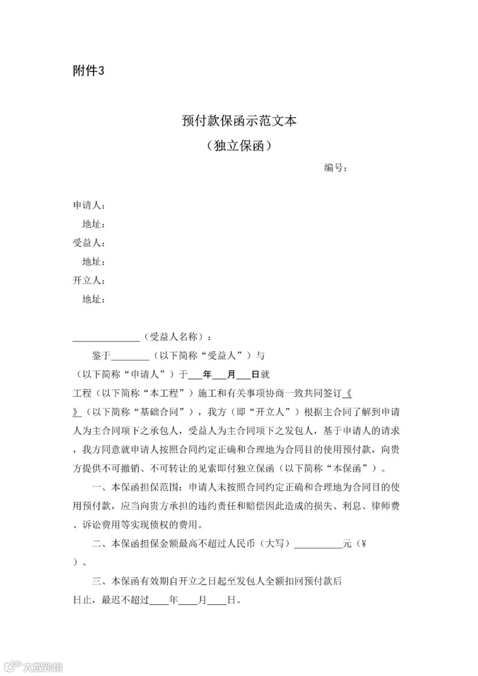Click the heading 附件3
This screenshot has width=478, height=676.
[x=88, y=71]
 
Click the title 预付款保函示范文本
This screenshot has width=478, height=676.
[x=239, y=121]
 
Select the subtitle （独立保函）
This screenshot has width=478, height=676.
[x=239, y=146]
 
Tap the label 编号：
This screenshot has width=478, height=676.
[x=336, y=168]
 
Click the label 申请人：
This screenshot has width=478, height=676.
[x=88, y=206]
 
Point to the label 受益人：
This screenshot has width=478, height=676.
[x=88, y=243]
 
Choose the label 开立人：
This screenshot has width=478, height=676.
[x=88, y=280]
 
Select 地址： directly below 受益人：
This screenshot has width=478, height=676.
[x=93, y=262]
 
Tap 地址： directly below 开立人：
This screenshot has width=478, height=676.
[x=93, y=300]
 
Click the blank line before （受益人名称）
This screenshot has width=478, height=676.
[x=106, y=340]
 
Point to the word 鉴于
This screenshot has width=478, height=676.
[x=101, y=355]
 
